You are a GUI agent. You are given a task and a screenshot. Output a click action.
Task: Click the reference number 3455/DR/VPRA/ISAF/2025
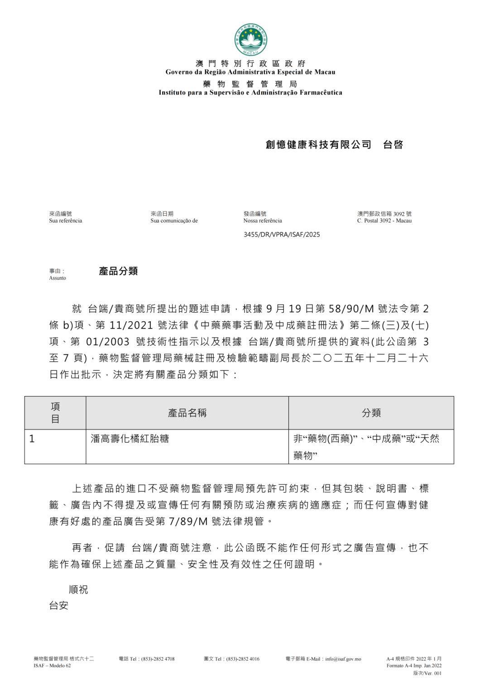pos(282,234)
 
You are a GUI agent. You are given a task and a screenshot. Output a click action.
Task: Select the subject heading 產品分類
pos(118,271)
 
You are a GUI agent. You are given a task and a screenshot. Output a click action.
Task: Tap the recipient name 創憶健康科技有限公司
pos(318,145)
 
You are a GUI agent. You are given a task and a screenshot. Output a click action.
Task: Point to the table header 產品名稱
pos(187,413)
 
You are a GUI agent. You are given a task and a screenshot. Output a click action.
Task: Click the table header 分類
pos(371,413)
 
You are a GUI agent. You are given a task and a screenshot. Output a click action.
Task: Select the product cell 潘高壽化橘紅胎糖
pos(130,439)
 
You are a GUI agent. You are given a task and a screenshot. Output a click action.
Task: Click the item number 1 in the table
pos(32,439)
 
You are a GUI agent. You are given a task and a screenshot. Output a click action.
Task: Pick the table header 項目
pos(55,412)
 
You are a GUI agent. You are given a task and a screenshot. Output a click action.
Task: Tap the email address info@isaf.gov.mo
pos(343,659)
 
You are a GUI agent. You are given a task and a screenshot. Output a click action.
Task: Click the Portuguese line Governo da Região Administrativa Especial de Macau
pos(250,72)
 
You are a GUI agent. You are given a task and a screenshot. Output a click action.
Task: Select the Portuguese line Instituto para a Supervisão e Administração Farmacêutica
pos(250,92)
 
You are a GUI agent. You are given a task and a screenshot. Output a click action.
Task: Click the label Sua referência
pos(66,221)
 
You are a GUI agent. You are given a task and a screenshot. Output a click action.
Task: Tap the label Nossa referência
pos(263,221)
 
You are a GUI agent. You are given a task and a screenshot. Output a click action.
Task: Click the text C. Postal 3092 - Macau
pos(384,221)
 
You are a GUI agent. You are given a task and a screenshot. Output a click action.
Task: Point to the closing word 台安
pos(59,605)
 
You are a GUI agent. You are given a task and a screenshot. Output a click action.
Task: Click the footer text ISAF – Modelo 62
pos(52,666)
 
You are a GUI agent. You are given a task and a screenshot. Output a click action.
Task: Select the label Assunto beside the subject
pos(58,278)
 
